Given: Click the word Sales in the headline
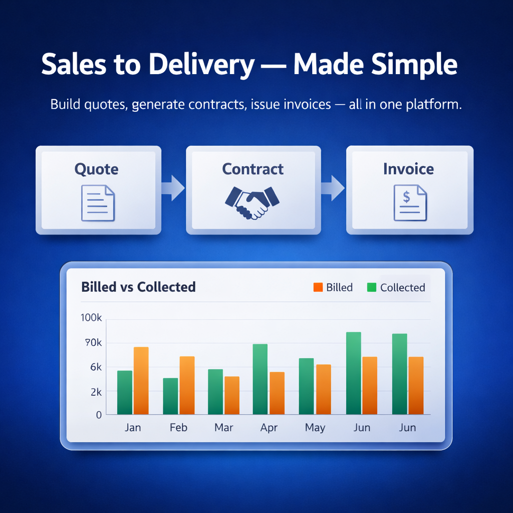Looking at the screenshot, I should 70,65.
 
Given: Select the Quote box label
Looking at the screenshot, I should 97,169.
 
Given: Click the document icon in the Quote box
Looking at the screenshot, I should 98,203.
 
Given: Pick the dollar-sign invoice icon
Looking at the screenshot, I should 409,202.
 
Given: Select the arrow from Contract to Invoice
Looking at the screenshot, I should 333,187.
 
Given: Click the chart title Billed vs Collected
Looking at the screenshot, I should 138,287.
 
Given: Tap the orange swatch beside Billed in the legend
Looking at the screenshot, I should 318,288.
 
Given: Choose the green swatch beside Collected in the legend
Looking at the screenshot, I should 372,288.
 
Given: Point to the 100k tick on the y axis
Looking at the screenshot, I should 91,319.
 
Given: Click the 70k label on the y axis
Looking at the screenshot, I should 93,343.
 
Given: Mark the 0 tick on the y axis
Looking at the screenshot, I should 99,414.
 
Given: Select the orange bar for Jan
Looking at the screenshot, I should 141,381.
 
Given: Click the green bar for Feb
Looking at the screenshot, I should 170,396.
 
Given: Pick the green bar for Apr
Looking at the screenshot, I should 260,379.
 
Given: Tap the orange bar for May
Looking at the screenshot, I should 324,389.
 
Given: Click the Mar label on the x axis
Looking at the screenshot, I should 223,427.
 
